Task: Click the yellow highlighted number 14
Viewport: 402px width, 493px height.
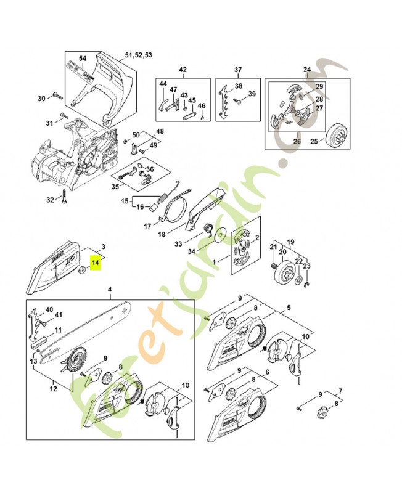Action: click(x=95, y=263)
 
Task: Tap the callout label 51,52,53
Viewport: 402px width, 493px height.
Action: click(x=139, y=55)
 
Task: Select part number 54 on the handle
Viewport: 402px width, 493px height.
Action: click(x=83, y=58)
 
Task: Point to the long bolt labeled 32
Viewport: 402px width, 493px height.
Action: click(x=64, y=199)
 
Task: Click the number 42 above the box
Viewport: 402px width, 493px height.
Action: click(x=182, y=69)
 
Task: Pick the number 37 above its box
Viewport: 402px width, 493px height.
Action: click(x=238, y=69)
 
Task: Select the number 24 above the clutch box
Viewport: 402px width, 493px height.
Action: click(x=307, y=69)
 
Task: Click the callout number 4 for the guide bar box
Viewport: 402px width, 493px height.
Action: click(x=109, y=290)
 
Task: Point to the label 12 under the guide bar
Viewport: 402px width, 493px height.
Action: click(x=54, y=388)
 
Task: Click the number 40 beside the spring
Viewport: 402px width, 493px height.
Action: click(x=49, y=309)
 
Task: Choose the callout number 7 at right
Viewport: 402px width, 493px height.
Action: click(x=341, y=391)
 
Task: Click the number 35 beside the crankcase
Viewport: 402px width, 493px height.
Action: click(x=115, y=186)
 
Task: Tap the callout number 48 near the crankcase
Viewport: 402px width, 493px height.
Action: click(x=160, y=131)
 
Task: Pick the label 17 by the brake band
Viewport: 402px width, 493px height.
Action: click(x=147, y=226)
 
